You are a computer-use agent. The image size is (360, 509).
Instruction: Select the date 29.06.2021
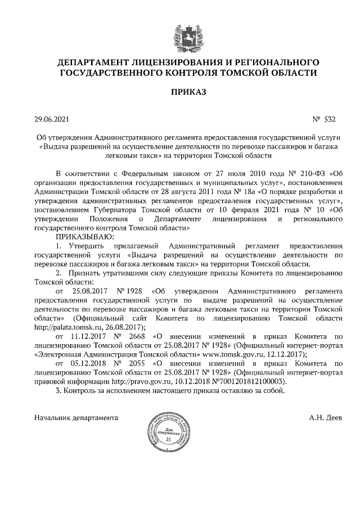52,119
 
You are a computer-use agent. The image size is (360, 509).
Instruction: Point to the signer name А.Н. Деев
325,418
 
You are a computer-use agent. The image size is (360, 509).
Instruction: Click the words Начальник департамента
76,418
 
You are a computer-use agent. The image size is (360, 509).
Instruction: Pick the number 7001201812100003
257,381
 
